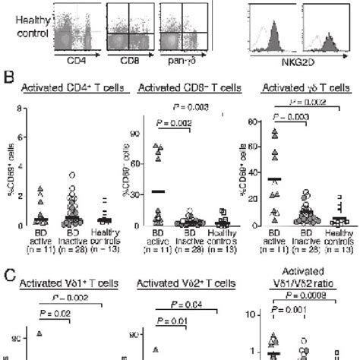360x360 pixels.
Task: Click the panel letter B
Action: [8, 76]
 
